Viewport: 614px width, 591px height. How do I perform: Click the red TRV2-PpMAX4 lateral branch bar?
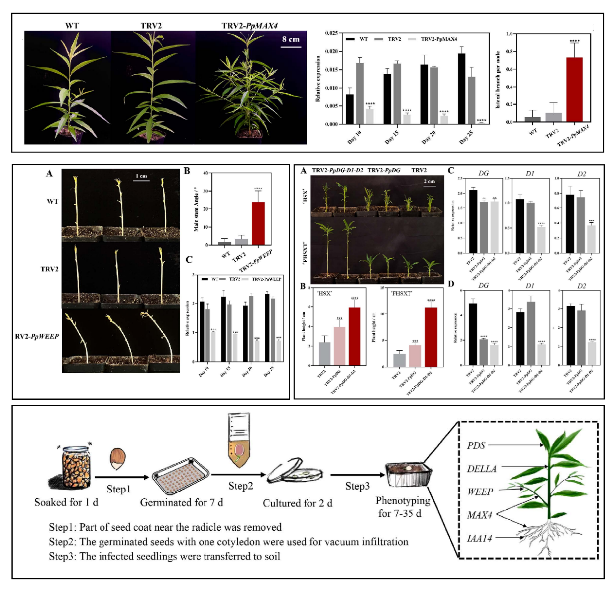point(574,90)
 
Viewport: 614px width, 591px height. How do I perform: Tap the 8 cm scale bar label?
point(291,39)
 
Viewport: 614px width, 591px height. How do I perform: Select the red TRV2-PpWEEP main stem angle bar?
point(258,223)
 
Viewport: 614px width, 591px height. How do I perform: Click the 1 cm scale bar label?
point(141,176)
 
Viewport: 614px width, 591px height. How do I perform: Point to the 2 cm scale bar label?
point(429,181)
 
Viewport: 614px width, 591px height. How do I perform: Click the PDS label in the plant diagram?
point(476,445)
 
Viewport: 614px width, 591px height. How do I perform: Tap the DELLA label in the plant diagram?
point(481,469)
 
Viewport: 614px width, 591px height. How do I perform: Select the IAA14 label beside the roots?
point(479,538)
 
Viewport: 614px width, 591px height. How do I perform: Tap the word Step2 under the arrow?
point(241,486)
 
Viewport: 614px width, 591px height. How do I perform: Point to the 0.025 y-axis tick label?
point(331,33)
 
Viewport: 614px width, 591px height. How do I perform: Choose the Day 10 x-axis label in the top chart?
point(355,137)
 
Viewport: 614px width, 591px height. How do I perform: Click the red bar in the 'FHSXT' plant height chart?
point(431,337)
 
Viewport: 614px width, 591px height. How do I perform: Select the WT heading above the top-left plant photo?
point(72,26)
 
